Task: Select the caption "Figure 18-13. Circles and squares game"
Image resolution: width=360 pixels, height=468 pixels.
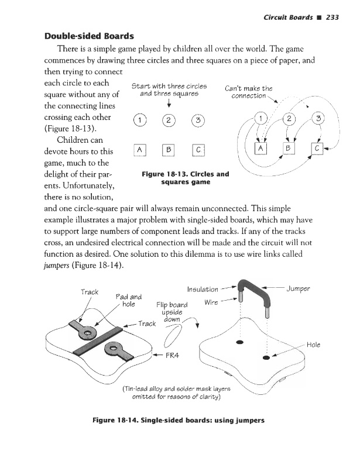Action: point(185,178)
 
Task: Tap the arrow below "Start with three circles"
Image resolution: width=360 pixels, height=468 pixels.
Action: point(169,103)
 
